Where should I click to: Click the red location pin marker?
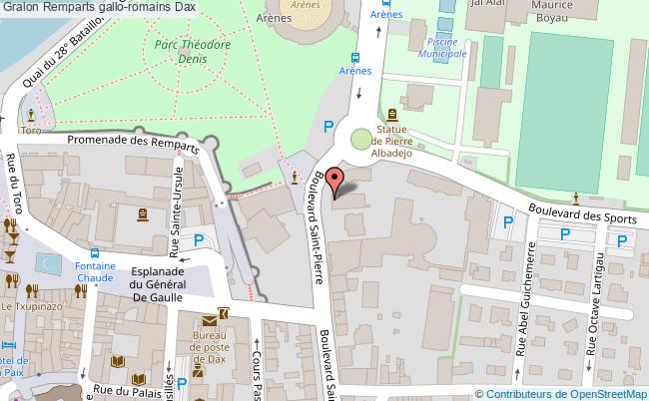pos(337,181)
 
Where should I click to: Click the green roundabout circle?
pos(359,140)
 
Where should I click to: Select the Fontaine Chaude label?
pos(94,272)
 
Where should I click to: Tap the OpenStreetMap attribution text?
pos(562,393)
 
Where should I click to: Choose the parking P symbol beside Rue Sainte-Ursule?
pos(200,239)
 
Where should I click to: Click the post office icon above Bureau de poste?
pos(211,321)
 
